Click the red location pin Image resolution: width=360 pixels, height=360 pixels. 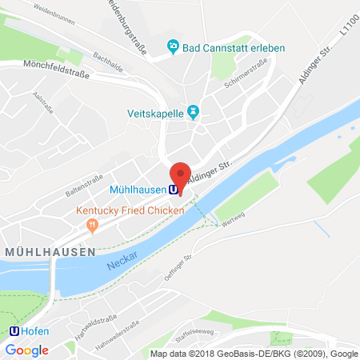181,175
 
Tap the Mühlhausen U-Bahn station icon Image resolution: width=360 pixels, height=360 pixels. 173,190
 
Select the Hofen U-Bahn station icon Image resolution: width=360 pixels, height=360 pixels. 14,330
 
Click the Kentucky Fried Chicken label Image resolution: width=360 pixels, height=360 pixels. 130,210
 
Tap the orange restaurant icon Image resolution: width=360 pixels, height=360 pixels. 94,225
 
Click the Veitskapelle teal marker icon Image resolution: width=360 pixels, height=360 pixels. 192,110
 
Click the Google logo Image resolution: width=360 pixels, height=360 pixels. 27,350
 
